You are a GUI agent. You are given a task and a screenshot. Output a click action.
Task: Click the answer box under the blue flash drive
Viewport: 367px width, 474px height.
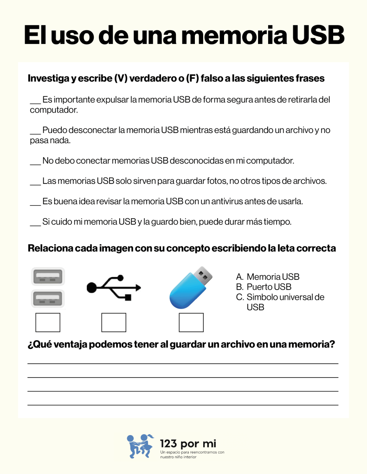click(191, 322)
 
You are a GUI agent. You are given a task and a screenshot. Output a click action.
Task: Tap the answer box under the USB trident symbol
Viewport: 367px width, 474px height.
click(114, 322)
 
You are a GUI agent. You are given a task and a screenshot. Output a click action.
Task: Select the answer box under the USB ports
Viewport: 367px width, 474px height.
click(48, 322)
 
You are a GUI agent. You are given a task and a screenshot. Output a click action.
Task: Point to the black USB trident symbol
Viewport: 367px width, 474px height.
click(114, 287)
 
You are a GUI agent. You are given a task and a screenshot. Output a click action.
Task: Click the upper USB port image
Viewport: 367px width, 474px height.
click(48, 278)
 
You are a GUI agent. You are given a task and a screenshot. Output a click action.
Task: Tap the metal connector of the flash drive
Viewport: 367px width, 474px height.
click(203, 275)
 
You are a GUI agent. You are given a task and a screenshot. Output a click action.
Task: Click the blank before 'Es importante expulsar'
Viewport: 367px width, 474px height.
click(35, 101)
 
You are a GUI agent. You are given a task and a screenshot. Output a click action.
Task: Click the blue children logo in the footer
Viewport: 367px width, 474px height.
click(141, 446)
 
